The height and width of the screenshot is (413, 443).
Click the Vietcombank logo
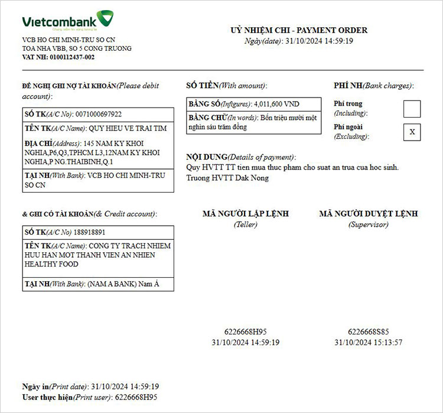pos(68,21)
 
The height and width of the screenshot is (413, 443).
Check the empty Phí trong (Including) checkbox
pos(412,109)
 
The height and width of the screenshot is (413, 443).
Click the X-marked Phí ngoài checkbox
pos(412,132)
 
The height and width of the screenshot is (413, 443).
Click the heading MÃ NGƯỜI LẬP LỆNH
pos(246,214)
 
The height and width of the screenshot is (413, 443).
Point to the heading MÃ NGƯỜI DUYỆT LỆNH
pos(368,214)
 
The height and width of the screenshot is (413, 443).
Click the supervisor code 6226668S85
pos(368,332)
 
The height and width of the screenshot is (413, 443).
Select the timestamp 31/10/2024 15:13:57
pos(368,342)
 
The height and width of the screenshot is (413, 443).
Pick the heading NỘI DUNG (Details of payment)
pos(240,157)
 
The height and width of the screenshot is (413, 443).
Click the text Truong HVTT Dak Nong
pos(227,178)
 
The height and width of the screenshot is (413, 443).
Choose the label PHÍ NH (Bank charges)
pos(373,86)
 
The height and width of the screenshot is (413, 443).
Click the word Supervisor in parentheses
pos(368,225)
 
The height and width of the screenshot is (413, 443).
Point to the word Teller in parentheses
pos(246,225)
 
